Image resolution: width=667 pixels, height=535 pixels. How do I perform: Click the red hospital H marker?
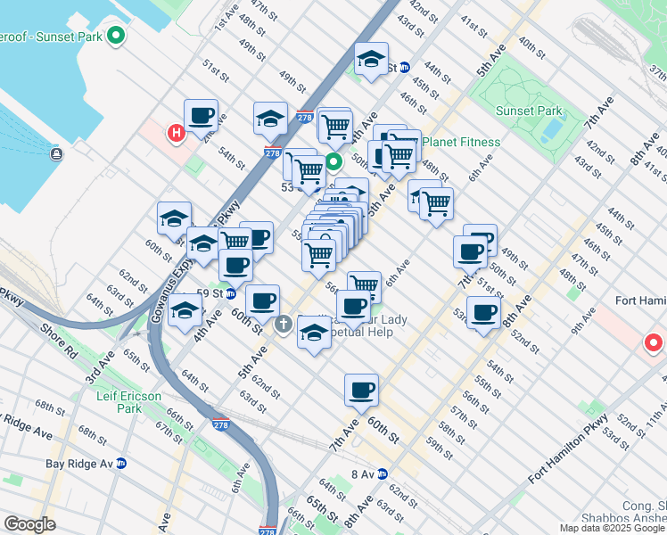point(176,134)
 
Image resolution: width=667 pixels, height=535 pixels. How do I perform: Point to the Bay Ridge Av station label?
point(79,464)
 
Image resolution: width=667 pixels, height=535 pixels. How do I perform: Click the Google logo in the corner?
point(30,523)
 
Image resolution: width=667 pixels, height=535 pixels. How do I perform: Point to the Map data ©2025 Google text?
point(613,528)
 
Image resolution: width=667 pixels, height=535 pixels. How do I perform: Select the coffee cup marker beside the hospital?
point(202,116)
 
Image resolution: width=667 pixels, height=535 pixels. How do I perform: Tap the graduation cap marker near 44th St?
point(371,60)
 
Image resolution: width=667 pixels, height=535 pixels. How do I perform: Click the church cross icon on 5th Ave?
point(284,324)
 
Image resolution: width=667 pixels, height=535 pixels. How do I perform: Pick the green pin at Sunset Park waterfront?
point(115,37)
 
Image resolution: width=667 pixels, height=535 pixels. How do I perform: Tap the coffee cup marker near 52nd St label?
point(483,313)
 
